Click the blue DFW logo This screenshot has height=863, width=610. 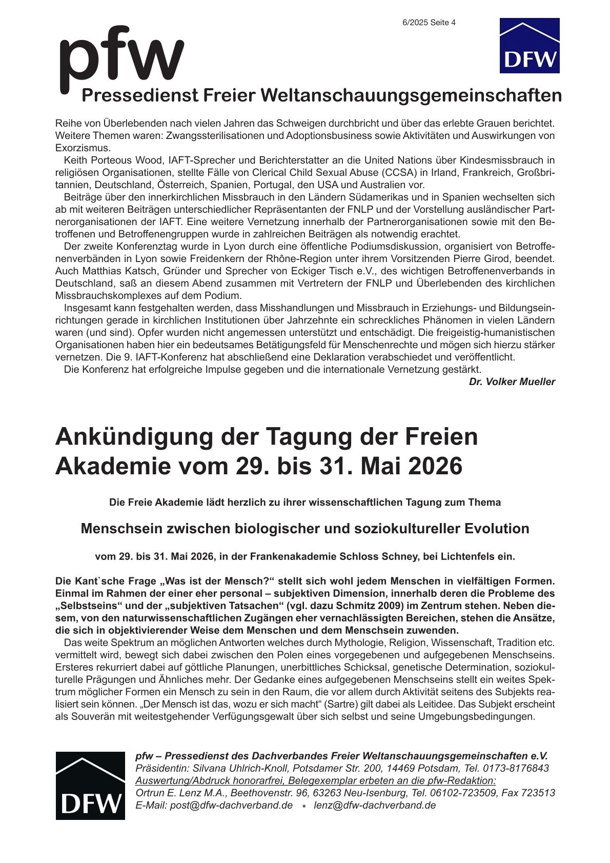[529, 46]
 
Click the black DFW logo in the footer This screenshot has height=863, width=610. [90, 785]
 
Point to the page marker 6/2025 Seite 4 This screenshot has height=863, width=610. [429, 23]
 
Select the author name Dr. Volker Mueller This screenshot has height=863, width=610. [512, 382]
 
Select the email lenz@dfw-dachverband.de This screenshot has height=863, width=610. [375, 805]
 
